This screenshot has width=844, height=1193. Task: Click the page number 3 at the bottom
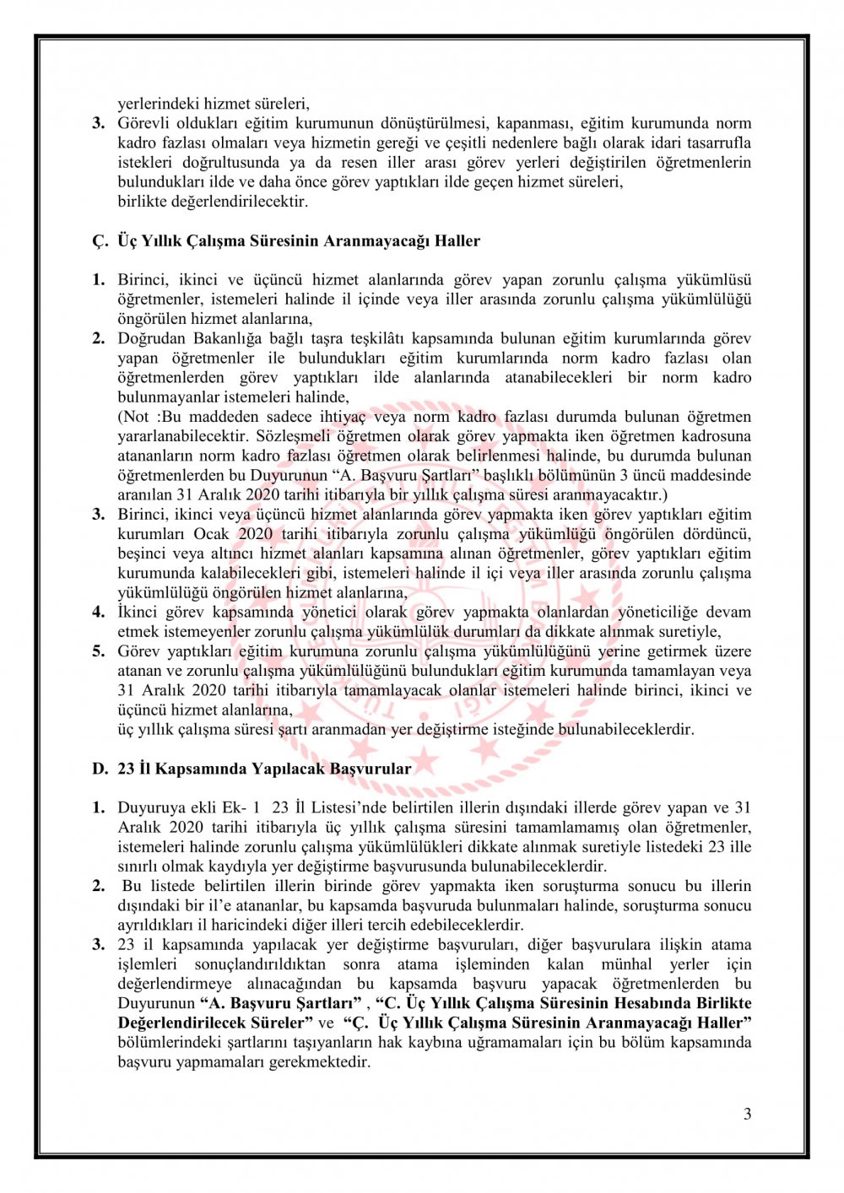pyautogui.click(x=747, y=1114)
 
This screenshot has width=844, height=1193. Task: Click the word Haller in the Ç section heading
pyautogui.click(x=457, y=240)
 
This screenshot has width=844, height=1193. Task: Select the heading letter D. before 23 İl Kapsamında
pyautogui.click(x=100, y=769)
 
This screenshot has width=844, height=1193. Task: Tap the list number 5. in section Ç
pyautogui.click(x=99, y=651)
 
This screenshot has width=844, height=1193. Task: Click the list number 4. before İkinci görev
pyautogui.click(x=99, y=613)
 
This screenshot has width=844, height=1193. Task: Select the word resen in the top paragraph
pyautogui.click(x=361, y=163)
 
